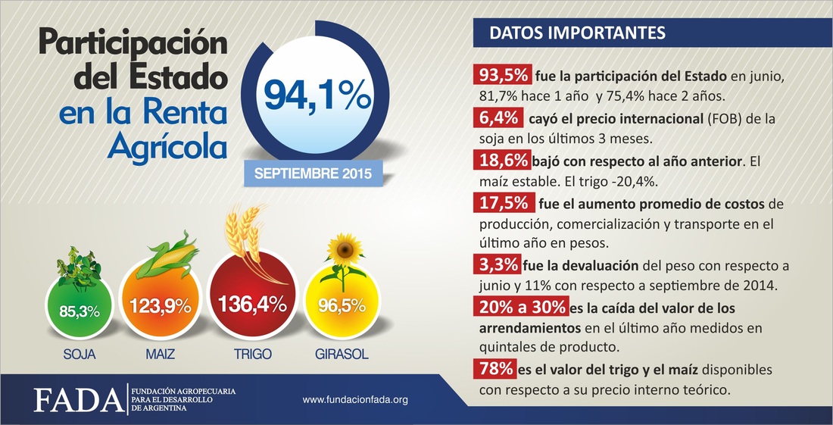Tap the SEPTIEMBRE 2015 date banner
[313, 173]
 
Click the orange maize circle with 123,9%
[160, 306]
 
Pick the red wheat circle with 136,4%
[251, 305]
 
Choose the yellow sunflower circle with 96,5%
[342, 306]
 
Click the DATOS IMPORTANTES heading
[578, 34]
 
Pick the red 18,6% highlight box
[500, 160]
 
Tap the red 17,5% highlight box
[500, 203]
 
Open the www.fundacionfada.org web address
[355, 399]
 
